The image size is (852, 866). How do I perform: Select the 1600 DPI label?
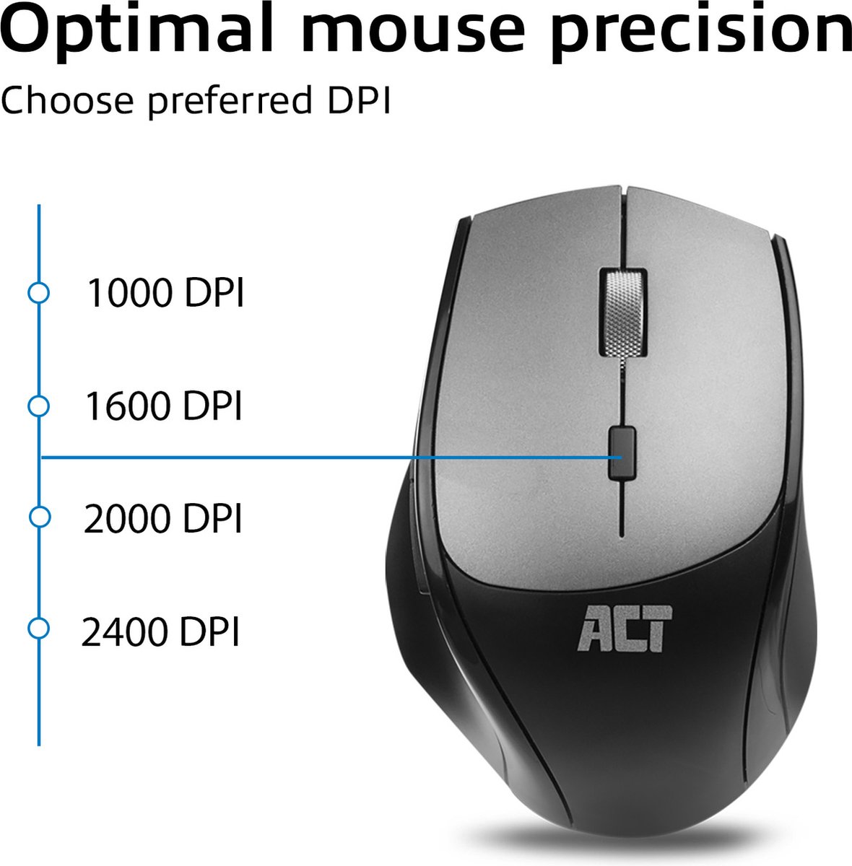pyautogui.click(x=163, y=406)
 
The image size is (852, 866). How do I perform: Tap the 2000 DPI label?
pyautogui.click(x=162, y=519)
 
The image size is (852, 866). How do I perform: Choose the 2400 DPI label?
pyautogui.click(x=160, y=632)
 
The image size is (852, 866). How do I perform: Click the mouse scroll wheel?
pyautogui.click(x=622, y=312)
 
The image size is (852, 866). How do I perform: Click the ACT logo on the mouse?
pyautogui.click(x=625, y=629)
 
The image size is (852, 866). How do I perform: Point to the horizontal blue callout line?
pyautogui.click(x=289, y=457)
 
